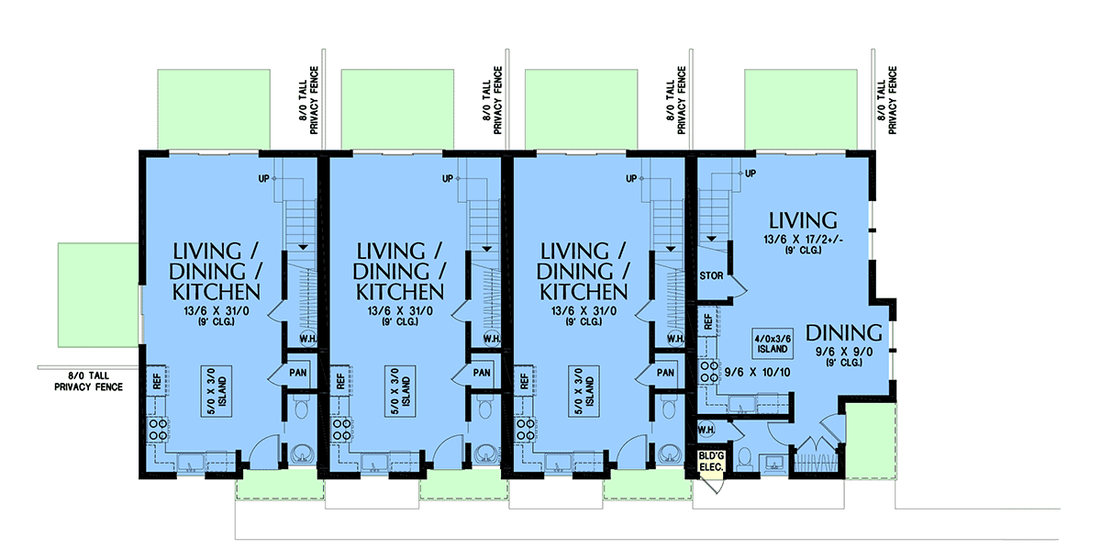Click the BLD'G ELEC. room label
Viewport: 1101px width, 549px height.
point(711,462)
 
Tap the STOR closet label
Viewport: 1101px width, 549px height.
point(711,275)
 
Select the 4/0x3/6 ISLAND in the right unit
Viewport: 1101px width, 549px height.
point(773,343)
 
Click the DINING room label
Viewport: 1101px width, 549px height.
point(843,333)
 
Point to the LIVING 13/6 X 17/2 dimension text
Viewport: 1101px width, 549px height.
point(803,240)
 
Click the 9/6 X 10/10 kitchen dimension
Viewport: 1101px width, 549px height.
point(758,373)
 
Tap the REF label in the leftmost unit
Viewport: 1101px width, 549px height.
point(157,381)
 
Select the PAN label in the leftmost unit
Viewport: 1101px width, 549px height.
point(298,373)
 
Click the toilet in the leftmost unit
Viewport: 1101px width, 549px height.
point(300,409)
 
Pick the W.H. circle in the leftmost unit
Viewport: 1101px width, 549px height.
point(308,339)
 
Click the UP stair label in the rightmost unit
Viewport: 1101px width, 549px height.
point(751,174)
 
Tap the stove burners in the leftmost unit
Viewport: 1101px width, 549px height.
point(158,429)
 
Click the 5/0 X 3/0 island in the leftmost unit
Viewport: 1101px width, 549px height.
point(217,391)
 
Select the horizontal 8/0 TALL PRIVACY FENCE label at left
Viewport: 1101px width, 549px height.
point(88,382)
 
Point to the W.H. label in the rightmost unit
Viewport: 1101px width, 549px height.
point(706,430)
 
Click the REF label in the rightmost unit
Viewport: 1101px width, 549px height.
point(707,322)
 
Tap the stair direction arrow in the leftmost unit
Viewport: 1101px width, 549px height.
point(303,247)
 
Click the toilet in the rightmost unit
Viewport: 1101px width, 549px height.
point(744,458)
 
